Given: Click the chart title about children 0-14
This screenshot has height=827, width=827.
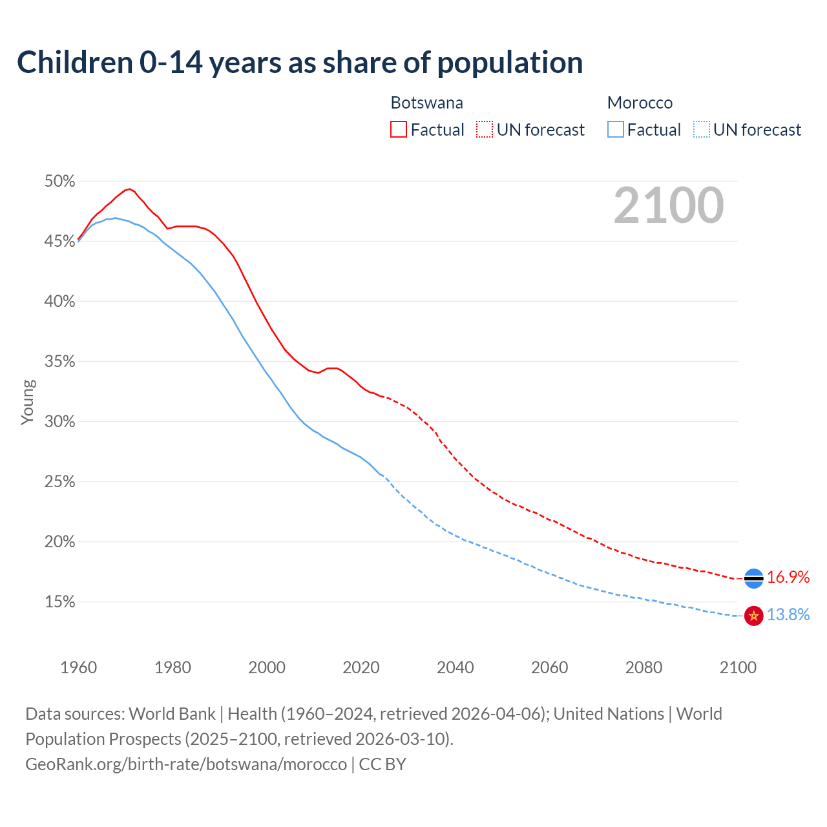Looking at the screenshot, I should click(300, 63).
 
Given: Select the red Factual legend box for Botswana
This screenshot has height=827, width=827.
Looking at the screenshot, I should click(399, 130).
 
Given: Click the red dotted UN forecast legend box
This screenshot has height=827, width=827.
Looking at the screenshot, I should click(485, 130).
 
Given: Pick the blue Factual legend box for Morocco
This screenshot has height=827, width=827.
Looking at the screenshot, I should click(616, 130).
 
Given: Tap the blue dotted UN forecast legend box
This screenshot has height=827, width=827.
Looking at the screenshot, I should click(701, 130).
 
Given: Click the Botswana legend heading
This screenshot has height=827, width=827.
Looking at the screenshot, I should click(426, 103).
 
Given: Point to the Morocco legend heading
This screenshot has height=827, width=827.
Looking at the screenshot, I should click(640, 103).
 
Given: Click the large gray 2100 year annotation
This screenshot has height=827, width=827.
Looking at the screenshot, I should click(669, 205).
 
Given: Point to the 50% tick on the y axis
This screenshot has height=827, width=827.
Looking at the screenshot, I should click(59, 182).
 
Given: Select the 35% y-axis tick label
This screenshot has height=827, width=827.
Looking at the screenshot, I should click(59, 362).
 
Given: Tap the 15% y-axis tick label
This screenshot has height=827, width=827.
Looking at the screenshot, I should click(59, 602).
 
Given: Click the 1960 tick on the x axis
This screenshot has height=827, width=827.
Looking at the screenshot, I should click(78, 667).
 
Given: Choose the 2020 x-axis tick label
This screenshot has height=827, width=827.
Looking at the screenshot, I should click(361, 667).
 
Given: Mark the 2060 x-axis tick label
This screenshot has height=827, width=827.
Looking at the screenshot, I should click(549, 667).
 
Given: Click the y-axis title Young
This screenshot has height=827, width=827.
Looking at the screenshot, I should click(27, 402).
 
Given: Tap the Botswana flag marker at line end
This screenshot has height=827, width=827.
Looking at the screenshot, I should click(754, 578).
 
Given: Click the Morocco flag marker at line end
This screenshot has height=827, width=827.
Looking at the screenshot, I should click(754, 616).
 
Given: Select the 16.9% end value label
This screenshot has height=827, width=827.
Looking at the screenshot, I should click(788, 578).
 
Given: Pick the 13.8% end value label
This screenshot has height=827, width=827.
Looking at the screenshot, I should click(788, 615).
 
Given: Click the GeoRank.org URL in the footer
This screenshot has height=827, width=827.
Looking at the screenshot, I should click(186, 764).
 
